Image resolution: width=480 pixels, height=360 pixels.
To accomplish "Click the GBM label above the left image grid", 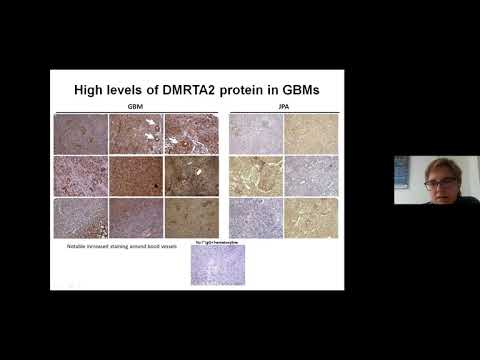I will point(135,106).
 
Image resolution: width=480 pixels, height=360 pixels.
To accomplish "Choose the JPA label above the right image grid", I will point(284,106).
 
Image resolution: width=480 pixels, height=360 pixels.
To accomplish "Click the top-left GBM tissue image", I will point(80,133).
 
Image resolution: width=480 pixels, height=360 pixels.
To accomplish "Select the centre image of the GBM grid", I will point(135,174).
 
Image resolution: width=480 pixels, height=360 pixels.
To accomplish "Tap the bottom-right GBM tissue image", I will point(191,217).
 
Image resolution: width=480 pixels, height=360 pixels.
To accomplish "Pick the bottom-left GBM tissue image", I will point(80,217).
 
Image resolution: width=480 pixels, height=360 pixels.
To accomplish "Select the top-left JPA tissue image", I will point(256,133).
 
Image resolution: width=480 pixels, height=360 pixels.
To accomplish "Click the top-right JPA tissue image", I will point(311,133).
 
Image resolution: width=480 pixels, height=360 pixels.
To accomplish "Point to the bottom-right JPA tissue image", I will point(311,217).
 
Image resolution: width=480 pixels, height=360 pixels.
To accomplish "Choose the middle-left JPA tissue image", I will point(256,175).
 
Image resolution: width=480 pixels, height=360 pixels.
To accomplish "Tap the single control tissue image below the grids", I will point(218,265).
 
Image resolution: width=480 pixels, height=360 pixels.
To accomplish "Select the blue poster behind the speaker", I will point(402,172).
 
